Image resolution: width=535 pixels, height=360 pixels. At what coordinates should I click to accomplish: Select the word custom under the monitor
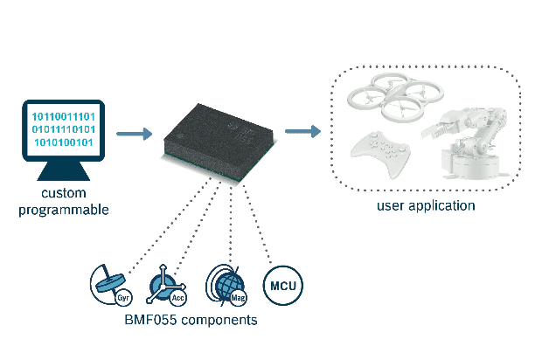pyautogui.click(x=65, y=194)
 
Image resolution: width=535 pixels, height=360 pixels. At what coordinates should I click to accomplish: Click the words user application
pyautogui.click(x=426, y=206)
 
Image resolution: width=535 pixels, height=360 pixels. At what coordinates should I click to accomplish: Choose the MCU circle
pyautogui.click(x=281, y=285)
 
